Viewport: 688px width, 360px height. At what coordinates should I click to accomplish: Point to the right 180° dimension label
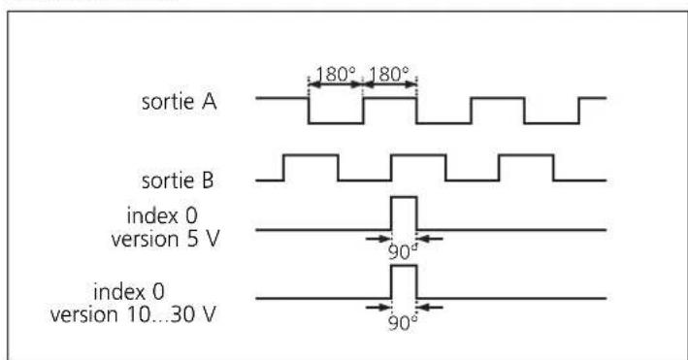pos(390,72)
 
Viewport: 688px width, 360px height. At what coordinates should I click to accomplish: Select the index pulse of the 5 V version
pos(403,213)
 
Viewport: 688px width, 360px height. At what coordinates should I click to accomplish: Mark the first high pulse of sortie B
pos(310,155)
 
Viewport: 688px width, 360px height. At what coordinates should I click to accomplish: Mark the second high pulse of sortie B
pos(418,155)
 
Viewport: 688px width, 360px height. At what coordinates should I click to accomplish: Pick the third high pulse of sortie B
pos(526,155)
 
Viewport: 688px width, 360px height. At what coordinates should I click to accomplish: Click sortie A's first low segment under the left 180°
pos(336,122)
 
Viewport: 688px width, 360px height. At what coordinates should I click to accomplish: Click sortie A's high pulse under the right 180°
pos(390,98)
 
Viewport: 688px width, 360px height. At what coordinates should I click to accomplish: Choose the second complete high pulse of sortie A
pos(498,98)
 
